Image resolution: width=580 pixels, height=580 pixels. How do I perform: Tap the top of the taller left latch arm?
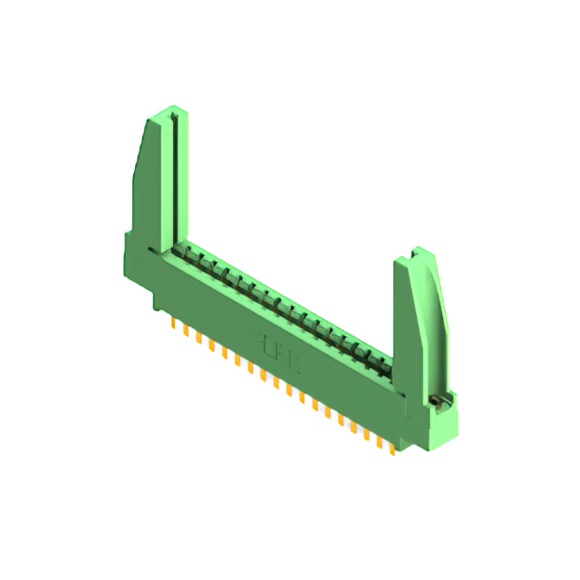pyautogui.click(x=169, y=112)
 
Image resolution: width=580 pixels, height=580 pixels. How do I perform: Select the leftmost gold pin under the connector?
pyautogui.click(x=172, y=323)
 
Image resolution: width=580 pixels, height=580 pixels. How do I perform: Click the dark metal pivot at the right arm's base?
pyautogui.click(x=438, y=399)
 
